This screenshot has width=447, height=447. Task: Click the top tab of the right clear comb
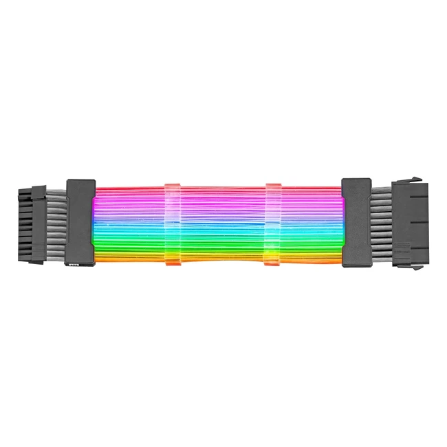tap(274, 187)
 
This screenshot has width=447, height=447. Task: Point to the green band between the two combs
tap(223, 239)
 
